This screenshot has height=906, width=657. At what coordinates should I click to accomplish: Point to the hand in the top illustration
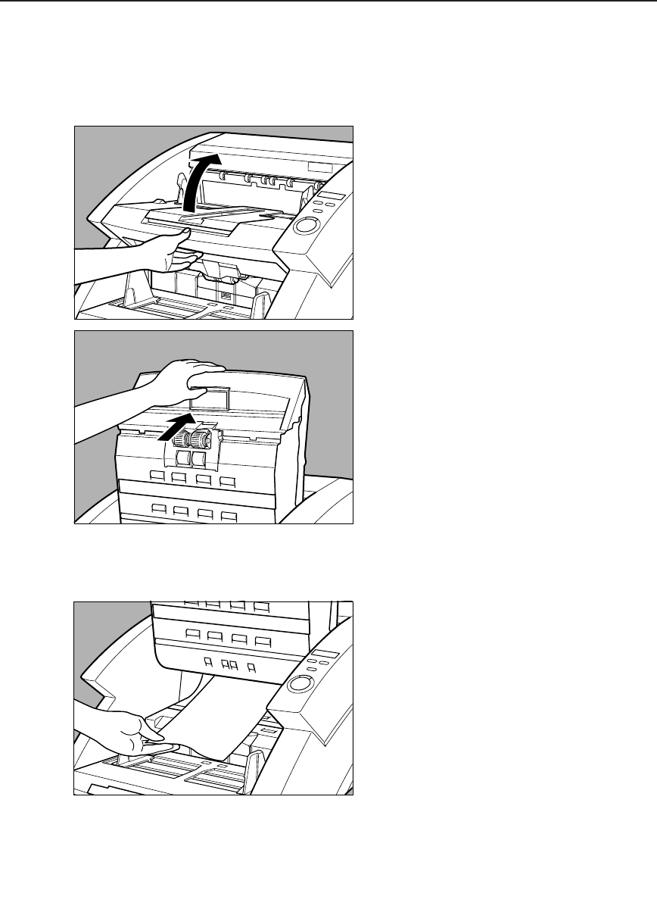coord(151,254)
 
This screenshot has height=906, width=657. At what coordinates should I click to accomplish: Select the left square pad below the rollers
coord(182,458)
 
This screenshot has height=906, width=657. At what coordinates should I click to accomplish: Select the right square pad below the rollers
coord(199,458)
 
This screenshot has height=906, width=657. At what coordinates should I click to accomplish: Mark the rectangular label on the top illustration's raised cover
coord(319,167)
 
